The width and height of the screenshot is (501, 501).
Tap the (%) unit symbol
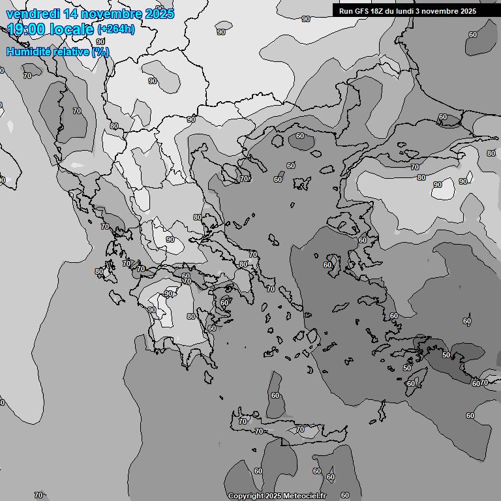[x=100, y=52]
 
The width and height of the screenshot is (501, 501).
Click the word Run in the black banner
[x=346, y=11]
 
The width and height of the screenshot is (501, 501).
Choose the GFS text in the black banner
[x=363, y=11]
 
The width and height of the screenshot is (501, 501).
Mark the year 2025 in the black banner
[x=466, y=11]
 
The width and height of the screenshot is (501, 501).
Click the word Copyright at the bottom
[x=247, y=496]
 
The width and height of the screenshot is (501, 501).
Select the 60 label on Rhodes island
[x=410, y=384]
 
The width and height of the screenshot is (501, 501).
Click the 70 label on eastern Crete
[x=300, y=429]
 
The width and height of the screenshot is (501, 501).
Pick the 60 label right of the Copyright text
[x=345, y=496]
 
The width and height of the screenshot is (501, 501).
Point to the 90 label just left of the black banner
[x=306, y=19]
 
